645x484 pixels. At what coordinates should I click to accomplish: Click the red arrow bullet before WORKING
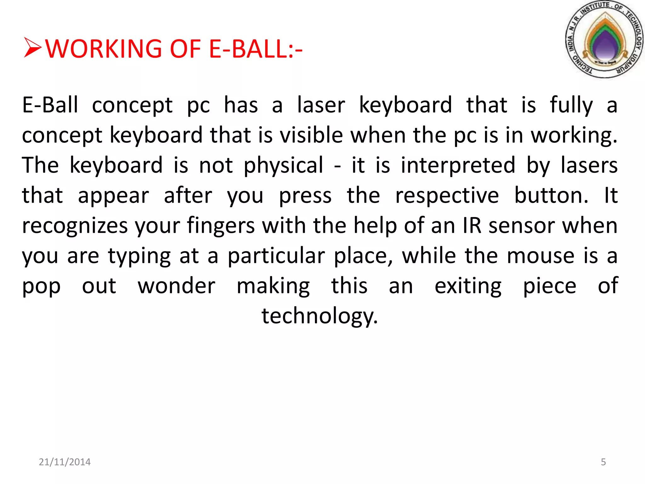32,48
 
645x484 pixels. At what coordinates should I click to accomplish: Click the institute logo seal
604,39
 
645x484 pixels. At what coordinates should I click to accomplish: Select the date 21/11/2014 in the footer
65,462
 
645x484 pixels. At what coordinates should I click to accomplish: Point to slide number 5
603,462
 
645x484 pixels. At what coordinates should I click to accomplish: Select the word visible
311,135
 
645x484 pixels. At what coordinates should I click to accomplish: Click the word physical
283,165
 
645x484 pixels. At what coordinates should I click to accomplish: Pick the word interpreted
458,165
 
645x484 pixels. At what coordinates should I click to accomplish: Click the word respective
447,195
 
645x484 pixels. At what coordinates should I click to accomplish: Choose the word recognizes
75,226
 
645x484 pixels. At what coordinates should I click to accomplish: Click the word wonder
177,286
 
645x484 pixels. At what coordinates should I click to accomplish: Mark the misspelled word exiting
468,286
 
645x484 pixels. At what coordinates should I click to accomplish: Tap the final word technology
319,316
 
